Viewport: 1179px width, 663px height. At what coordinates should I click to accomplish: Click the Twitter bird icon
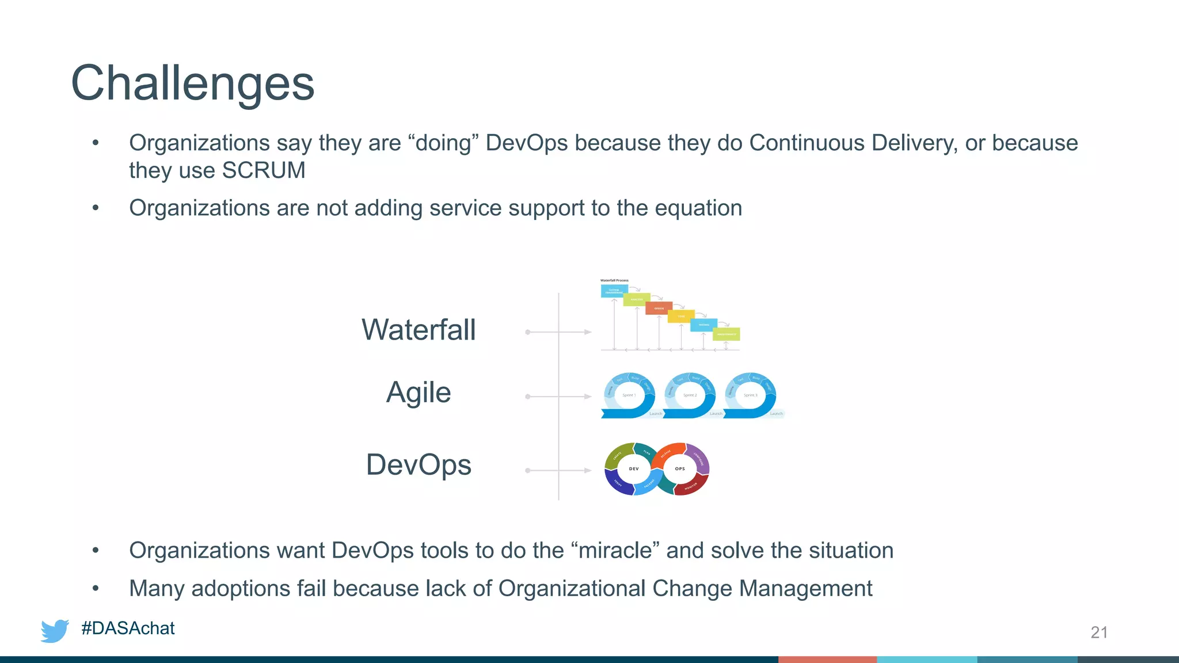[55, 630]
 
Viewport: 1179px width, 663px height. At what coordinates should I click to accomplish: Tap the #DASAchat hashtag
[128, 628]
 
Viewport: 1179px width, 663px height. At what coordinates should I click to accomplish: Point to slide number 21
[1099, 632]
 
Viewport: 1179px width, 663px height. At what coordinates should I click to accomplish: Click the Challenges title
[192, 83]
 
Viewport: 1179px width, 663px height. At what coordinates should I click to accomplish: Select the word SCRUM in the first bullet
[264, 170]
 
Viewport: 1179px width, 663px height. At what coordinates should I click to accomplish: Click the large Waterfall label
[419, 330]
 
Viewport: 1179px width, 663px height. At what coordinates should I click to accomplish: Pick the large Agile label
[419, 393]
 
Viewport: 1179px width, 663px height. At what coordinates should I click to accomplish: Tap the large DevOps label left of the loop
[419, 464]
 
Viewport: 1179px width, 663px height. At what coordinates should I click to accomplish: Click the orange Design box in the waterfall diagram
[659, 308]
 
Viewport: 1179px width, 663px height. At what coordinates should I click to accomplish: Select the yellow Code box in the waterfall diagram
[681, 316]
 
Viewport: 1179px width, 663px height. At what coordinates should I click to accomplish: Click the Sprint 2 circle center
[690, 395]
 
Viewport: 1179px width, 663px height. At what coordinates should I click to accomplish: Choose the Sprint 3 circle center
[750, 395]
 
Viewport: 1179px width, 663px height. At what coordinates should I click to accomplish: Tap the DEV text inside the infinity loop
[634, 468]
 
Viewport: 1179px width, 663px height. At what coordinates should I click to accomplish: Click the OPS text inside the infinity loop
[680, 468]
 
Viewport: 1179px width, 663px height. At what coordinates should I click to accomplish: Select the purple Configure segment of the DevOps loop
[699, 458]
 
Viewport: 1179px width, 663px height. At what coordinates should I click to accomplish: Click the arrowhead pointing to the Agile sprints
[588, 397]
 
